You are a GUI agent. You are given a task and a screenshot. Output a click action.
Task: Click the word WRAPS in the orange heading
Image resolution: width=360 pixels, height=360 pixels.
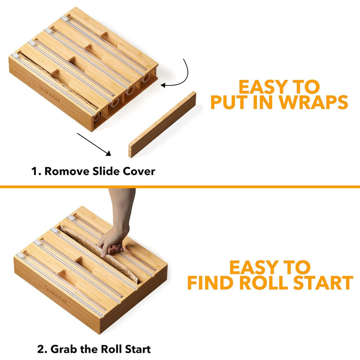pos(313,102)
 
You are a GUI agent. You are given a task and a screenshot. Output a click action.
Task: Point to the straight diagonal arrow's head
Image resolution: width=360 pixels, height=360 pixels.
pos(109,153)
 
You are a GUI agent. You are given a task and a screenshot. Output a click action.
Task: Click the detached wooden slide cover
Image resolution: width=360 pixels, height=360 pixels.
pos(163,124)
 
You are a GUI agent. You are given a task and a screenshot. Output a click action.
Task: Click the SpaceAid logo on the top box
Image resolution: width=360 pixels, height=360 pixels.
pos(49,93)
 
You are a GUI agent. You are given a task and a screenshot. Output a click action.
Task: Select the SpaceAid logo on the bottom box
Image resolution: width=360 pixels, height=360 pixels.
pos(56,294)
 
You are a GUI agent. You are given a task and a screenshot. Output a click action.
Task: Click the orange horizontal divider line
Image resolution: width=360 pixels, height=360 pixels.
pos(180,187)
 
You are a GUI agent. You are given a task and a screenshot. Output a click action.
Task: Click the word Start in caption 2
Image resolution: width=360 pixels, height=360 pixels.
pos(138,349)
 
